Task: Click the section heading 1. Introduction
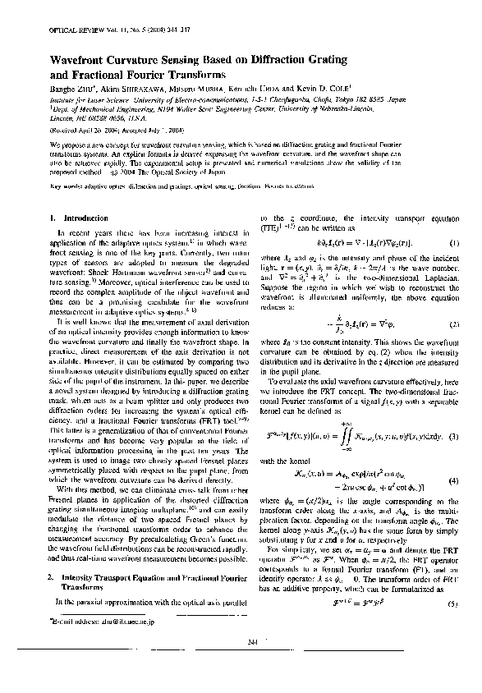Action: (73, 218)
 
